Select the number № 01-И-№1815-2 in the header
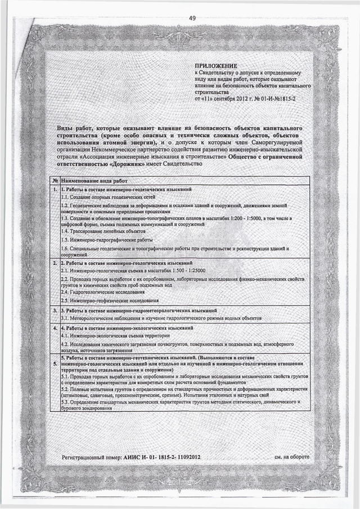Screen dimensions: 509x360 click(x=269, y=98)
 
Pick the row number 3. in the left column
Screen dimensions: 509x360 click(x=55, y=310)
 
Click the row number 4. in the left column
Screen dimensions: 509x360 click(x=55, y=327)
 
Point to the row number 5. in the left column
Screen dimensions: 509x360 click(x=55, y=365)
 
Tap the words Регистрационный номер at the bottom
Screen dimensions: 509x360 click(x=92, y=458)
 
